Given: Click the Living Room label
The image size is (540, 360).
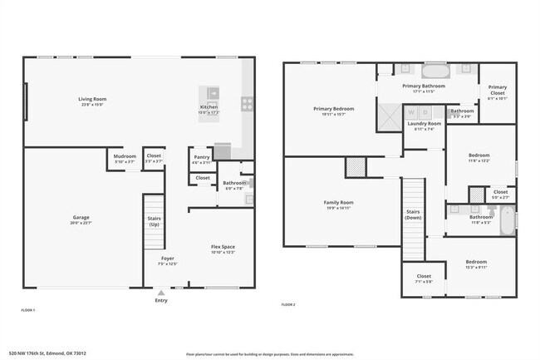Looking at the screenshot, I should (92, 99).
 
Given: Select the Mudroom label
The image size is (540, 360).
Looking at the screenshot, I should (125, 155).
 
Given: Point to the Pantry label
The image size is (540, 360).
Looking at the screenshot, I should (202, 157).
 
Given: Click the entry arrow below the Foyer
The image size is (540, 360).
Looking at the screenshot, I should (161, 293).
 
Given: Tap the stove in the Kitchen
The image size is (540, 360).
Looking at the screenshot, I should (247, 104).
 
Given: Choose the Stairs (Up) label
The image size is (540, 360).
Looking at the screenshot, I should (155, 221).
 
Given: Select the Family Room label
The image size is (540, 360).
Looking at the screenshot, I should (338, 203).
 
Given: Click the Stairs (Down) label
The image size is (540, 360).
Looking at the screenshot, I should (414, 215).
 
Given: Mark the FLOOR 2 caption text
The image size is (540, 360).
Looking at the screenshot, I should (288, 305).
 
